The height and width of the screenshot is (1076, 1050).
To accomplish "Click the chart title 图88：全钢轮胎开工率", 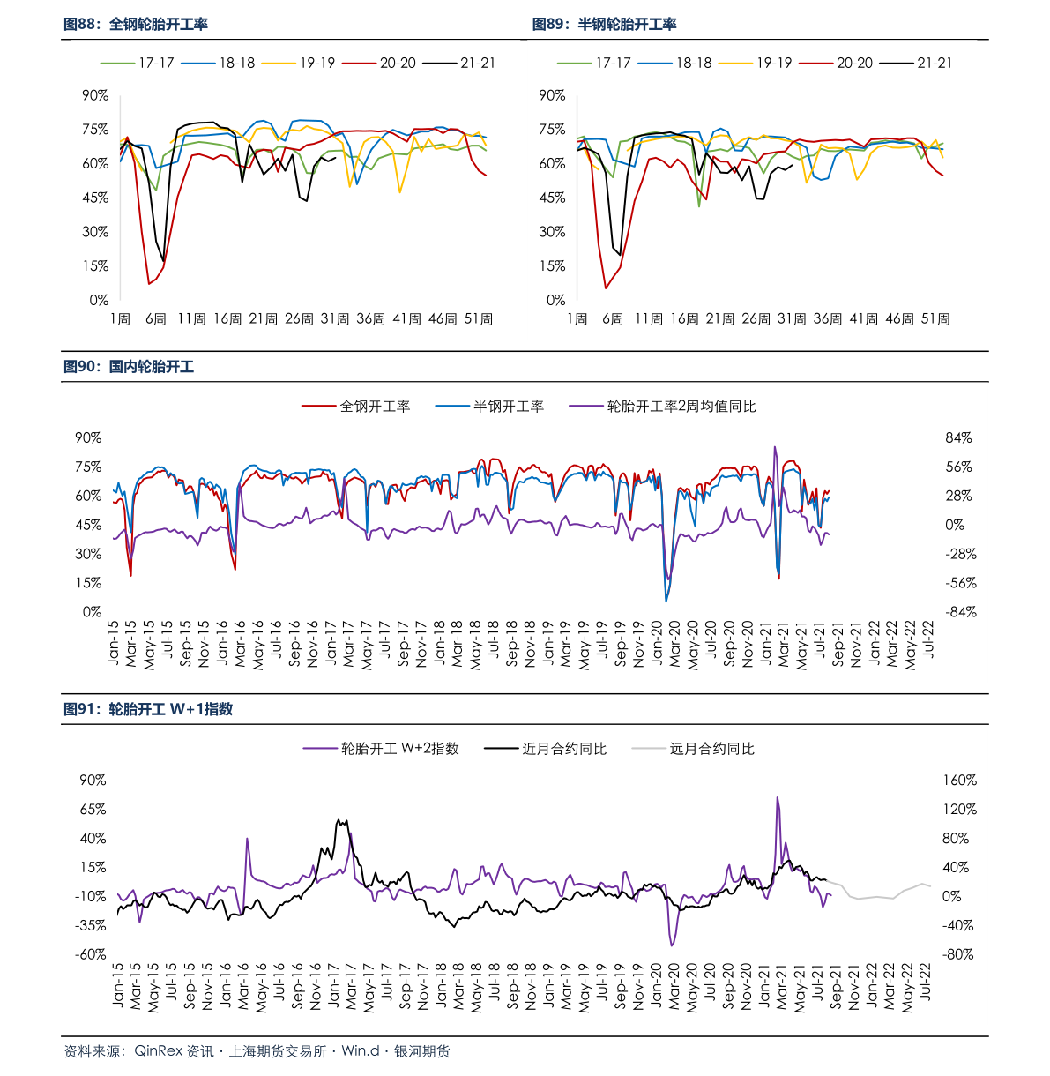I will [136, 25].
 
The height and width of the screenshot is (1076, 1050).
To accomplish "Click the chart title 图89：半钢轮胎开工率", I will [604, 25].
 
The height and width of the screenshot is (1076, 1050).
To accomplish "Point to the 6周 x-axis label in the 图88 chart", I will [155, 318].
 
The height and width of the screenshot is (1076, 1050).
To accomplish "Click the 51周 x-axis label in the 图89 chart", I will [935, 318].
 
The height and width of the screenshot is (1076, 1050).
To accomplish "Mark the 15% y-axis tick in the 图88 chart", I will [95, 265].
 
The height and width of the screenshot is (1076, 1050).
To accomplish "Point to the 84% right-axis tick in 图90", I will [958, 437].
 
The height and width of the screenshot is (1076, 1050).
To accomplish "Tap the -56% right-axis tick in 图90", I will [959, 583].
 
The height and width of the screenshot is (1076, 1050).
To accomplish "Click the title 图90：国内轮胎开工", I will [129, 367].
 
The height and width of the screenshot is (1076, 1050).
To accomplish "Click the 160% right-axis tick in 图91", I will [959, 780].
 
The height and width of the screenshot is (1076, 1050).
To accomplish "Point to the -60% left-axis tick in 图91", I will [91, 954].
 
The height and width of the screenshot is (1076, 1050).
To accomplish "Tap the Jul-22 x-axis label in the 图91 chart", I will [927, 981].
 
